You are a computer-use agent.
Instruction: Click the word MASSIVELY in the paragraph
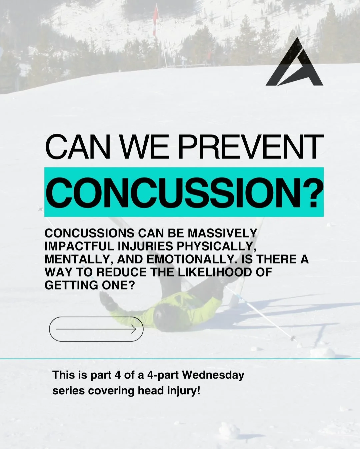pyautogui.click(x=222, y=233)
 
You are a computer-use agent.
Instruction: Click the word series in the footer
pyautogui.click(x=69, y=391)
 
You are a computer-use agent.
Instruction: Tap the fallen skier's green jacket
pyautogui.click(x=197, y=307)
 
